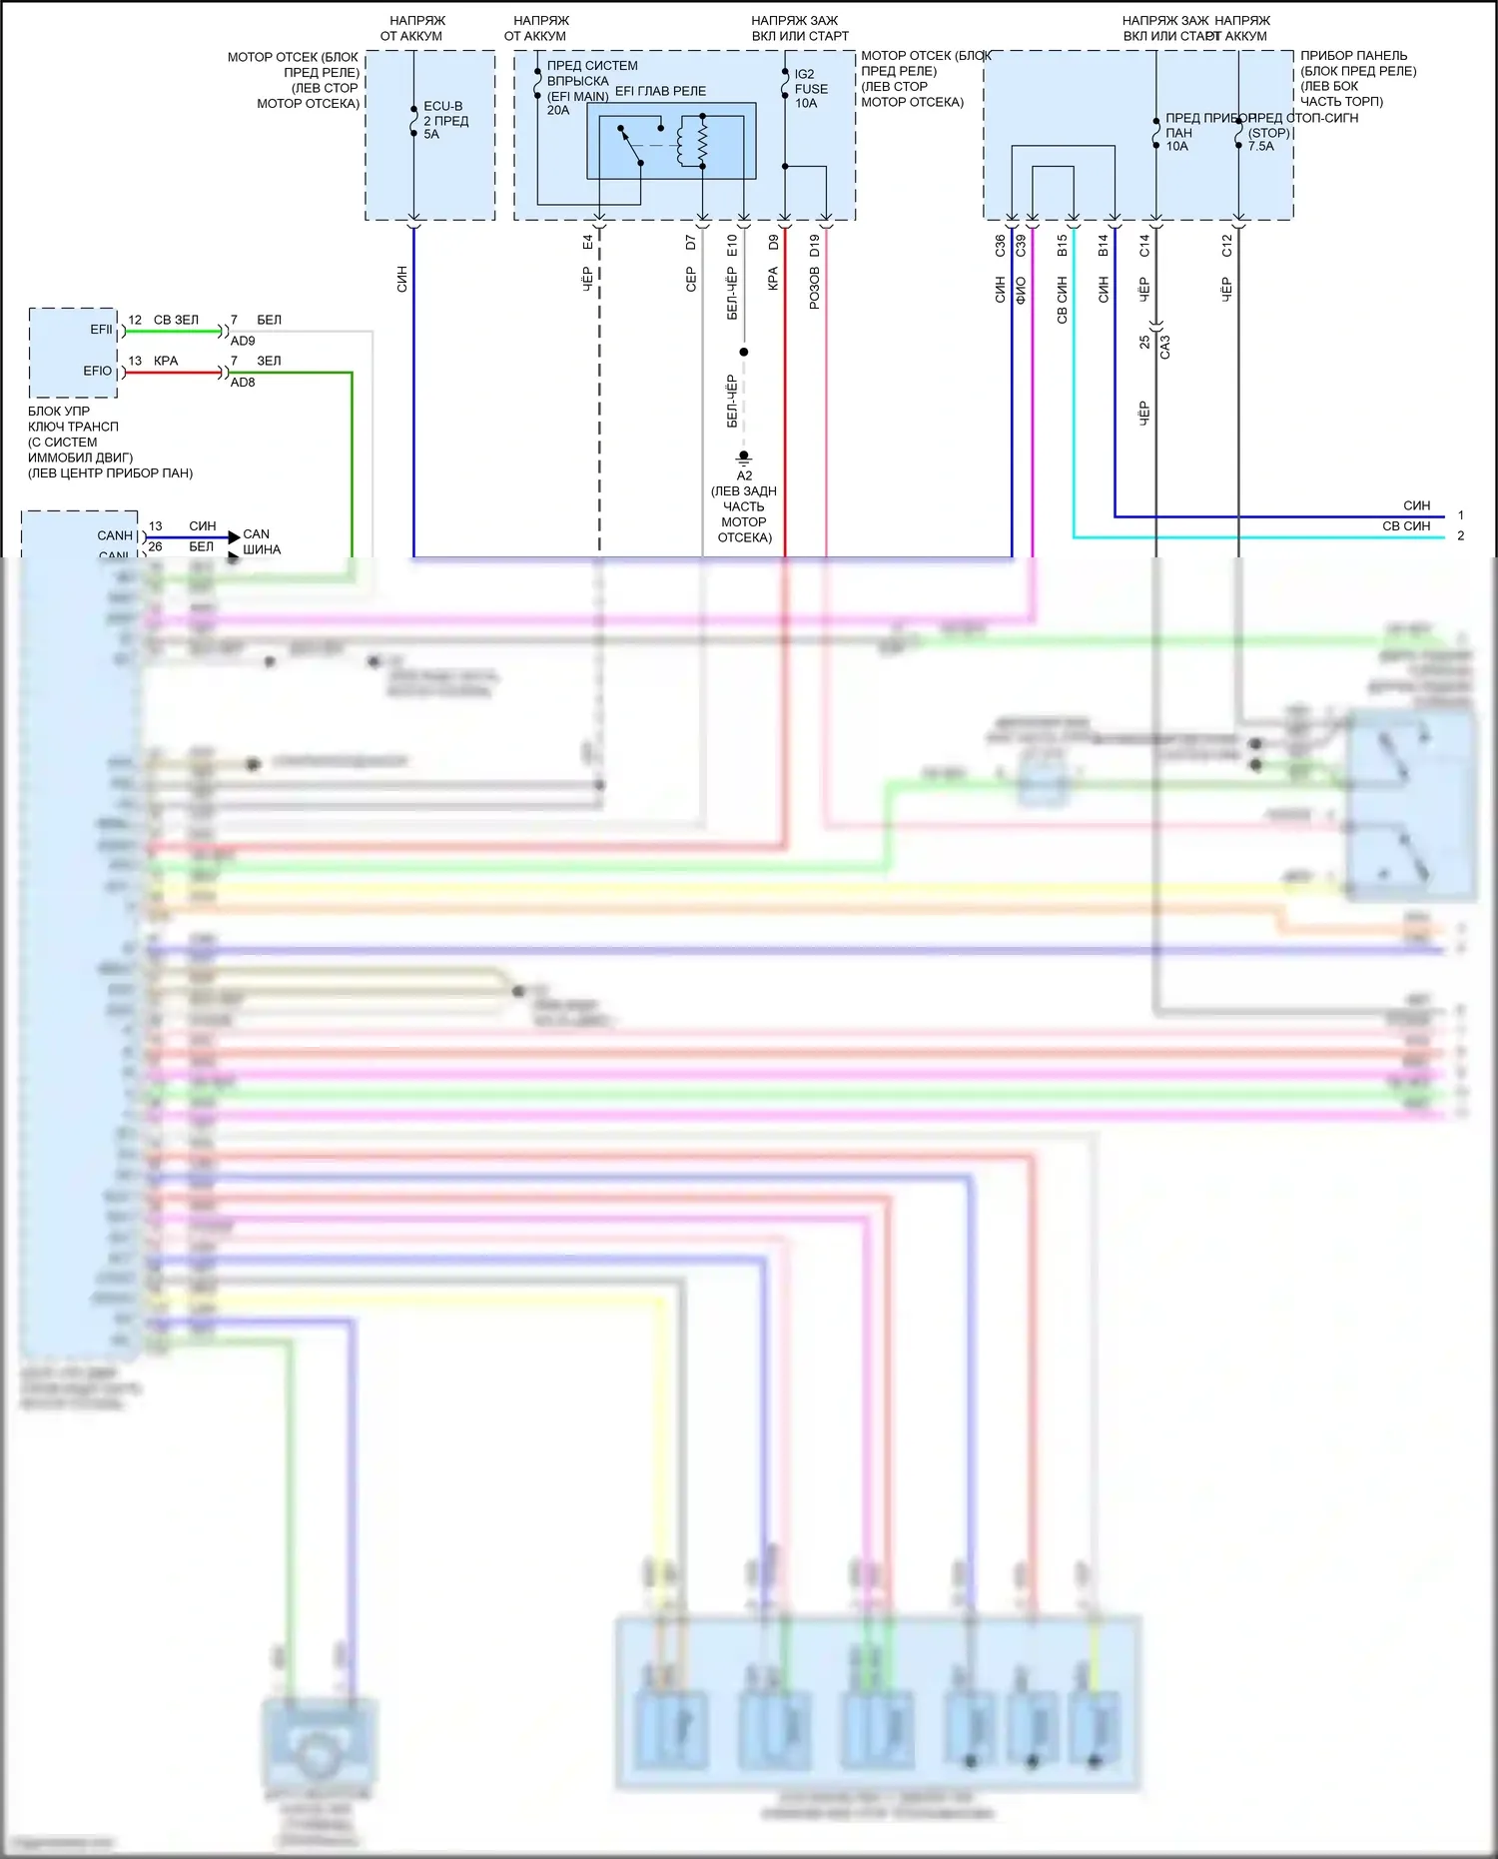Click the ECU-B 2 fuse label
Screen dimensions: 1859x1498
444,120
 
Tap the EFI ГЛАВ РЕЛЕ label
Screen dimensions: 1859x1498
660,91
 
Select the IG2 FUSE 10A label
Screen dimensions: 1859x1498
810,89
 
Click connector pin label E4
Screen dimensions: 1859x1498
588,243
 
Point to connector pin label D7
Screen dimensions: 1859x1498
691,243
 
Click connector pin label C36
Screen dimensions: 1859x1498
1000,245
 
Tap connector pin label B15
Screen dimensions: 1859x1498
1062,245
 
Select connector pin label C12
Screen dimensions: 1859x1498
1226,245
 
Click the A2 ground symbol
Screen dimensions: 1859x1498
744,459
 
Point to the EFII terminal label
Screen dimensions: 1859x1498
102,330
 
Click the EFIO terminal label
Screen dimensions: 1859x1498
98,371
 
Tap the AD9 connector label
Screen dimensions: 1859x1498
243,341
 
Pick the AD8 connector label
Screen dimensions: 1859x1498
243,382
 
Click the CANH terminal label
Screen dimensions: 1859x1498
115,535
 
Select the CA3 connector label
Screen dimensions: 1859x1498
1164,347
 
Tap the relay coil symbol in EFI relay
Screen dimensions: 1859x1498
702,141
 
